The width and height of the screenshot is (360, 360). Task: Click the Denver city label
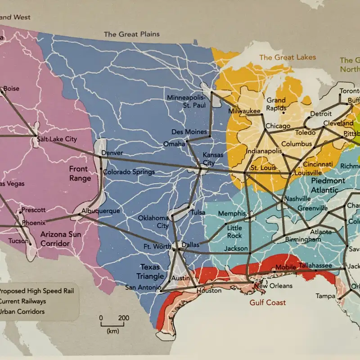(x=112, y=153)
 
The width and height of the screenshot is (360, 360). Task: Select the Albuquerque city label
(x=101, y=211)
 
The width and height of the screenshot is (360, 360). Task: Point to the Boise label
(x=11, y=89)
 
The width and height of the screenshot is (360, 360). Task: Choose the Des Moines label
(x=189, y=132)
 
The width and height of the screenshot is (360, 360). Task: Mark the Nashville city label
(x=297, y=198)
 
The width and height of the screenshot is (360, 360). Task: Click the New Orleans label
(x=273, y=286)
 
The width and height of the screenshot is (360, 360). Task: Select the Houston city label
(x=209, y=291)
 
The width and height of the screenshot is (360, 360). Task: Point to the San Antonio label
(x=143, y=288)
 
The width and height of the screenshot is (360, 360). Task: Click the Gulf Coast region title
(x=268, y=302)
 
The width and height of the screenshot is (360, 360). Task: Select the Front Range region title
(x=80, y=173)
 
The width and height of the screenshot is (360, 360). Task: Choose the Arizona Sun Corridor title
(x=61, y=239)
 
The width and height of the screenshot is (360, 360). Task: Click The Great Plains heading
(x=131, y=34)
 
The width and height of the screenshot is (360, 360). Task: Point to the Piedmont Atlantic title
(x=328, y=185)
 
